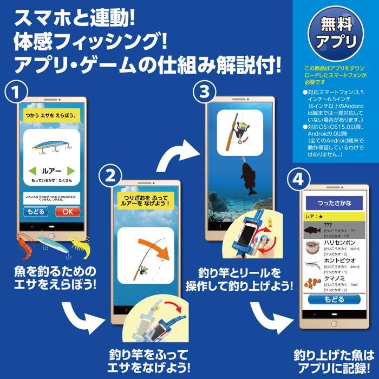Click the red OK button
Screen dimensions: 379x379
(67, 212)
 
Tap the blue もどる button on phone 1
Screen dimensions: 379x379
(35, 212)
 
